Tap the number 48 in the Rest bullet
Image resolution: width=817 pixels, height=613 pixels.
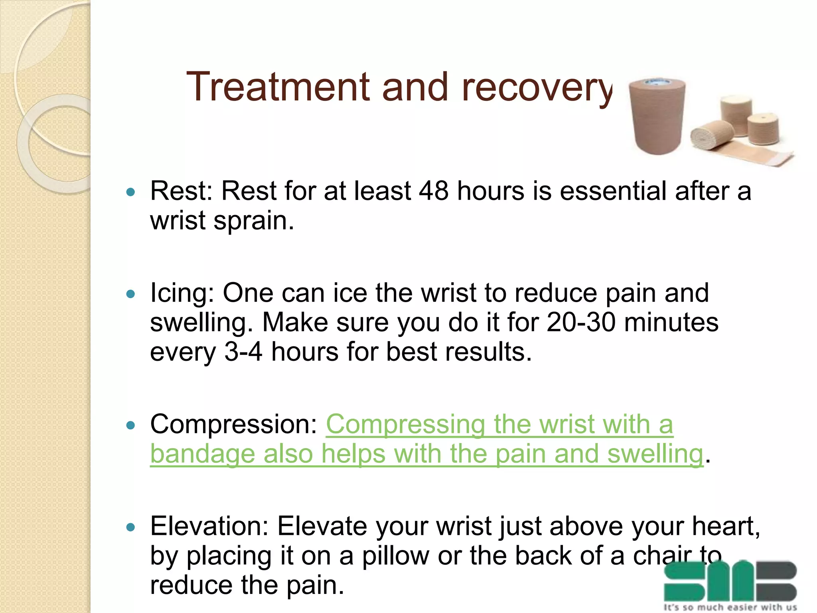click(x=434, y=191)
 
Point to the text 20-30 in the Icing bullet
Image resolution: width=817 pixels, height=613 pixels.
click(x=581, y=322)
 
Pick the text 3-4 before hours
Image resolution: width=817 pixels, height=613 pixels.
click(x=243, y=352)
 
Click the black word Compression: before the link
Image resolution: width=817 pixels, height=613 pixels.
click(x=233, y=424)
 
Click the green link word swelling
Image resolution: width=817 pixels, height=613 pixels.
click(x=655, y=455)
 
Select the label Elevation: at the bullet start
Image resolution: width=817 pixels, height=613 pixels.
click(x=209, y=526)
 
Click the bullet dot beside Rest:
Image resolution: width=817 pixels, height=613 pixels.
click(x=130, y=192)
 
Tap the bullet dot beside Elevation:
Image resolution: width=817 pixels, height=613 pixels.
click(x=130, y=528)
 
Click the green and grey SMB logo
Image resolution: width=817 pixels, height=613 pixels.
click(x=730, y=581)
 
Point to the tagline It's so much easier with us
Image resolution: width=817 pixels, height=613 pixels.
click(x=730, y=607)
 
